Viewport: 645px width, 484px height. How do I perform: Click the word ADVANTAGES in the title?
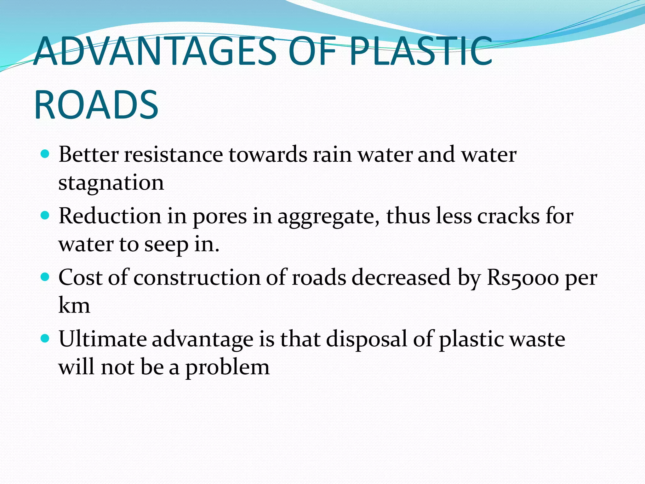click(x=155, y=51)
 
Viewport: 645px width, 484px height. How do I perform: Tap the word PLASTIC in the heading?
click(x=420, y=51)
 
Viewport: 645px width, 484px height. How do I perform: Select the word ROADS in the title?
click(x=96, y=105)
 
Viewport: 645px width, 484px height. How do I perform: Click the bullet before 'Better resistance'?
click(x=45, y=154)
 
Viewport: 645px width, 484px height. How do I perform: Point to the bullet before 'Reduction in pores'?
click(x=45, y=216)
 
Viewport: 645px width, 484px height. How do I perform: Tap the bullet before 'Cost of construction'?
click(x=45, y=277)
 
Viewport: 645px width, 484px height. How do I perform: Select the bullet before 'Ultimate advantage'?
click(x=45, y=338)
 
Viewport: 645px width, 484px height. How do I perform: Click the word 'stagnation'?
click(x=111, y=183)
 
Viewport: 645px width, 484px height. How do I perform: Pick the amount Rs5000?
click(x=522, y=278)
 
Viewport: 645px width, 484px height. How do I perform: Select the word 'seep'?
click(x=166, y=245)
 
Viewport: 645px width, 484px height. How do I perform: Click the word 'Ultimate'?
click(x=103, y=339)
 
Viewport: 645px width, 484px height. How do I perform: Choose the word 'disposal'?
click(x=367, y=340)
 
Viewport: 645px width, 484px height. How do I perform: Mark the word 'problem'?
click(x=227, y=367)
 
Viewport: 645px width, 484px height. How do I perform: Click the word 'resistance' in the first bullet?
click(x=174, y=155)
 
